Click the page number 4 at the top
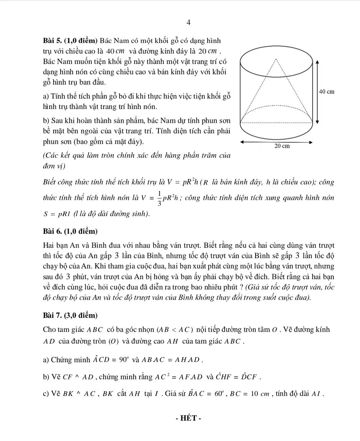(x=188, y=23)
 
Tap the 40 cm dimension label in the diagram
(x=327, y=92)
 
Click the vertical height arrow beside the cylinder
(x=316, y=92)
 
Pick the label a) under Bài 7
(x=46, y=359)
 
